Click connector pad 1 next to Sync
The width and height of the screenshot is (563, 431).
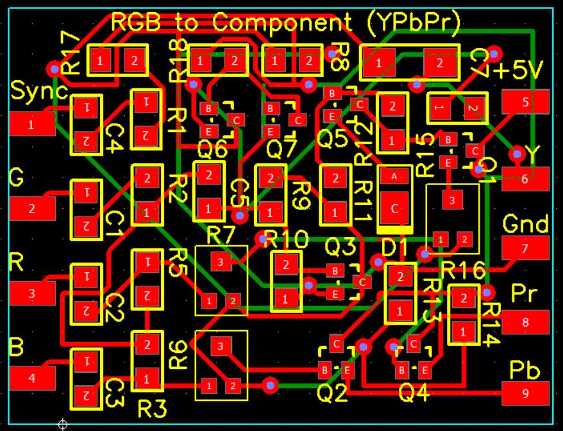pyautogui.click(x=32, y=124)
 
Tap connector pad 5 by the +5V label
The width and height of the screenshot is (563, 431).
pyautogui.click(x=525, y=101)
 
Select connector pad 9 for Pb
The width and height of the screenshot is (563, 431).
pyautogui.click(x=525, y=393)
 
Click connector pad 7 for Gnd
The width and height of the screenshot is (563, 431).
pyautogui.click(x=525, y=247)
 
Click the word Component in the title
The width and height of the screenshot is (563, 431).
pyautogui.click(x=282, y=23)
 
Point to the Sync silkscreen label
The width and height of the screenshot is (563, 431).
pyautogui.click(x=38, y=92)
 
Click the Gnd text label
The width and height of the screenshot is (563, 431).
pyautogui.click(x=526, y=224)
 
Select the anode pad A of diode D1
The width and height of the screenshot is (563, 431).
pyautogui.click(x=394, y=175)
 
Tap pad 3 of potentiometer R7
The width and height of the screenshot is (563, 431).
pyautogui.click(x=221, y=261)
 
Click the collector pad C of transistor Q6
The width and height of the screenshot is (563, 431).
pyautogui.click(x=237, y=119)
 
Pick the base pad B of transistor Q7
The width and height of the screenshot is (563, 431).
pyautogui.click(x=270, y=108)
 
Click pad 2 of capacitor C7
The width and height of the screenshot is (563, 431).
pyautogui.click(x=440, y=63)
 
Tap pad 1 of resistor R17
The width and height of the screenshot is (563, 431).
pyautogui.click(x=100, y=61)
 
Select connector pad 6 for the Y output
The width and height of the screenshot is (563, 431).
pyautogui.click(x=525, y=179)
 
